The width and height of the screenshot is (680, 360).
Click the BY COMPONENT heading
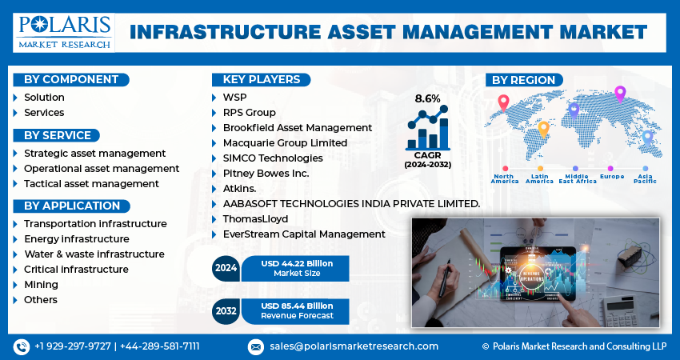70,79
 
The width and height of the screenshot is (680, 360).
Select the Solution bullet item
44,98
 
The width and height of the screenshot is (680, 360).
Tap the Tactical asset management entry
91,184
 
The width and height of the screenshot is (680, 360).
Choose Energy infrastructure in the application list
76,239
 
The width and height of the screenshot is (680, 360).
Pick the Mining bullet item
41,285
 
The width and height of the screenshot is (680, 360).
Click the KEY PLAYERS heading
262,79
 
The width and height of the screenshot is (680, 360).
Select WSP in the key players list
235,98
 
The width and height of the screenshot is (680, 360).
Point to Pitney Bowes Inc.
266,174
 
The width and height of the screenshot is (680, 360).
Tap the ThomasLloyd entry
255,219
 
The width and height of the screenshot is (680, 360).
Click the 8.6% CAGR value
427,98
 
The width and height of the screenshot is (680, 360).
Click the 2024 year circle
226,268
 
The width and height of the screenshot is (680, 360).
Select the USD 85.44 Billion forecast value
297,305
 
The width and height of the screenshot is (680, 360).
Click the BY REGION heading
523,80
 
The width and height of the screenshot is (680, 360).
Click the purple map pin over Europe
619,94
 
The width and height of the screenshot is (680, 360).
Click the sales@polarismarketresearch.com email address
354,346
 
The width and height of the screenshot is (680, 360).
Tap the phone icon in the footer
21,346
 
